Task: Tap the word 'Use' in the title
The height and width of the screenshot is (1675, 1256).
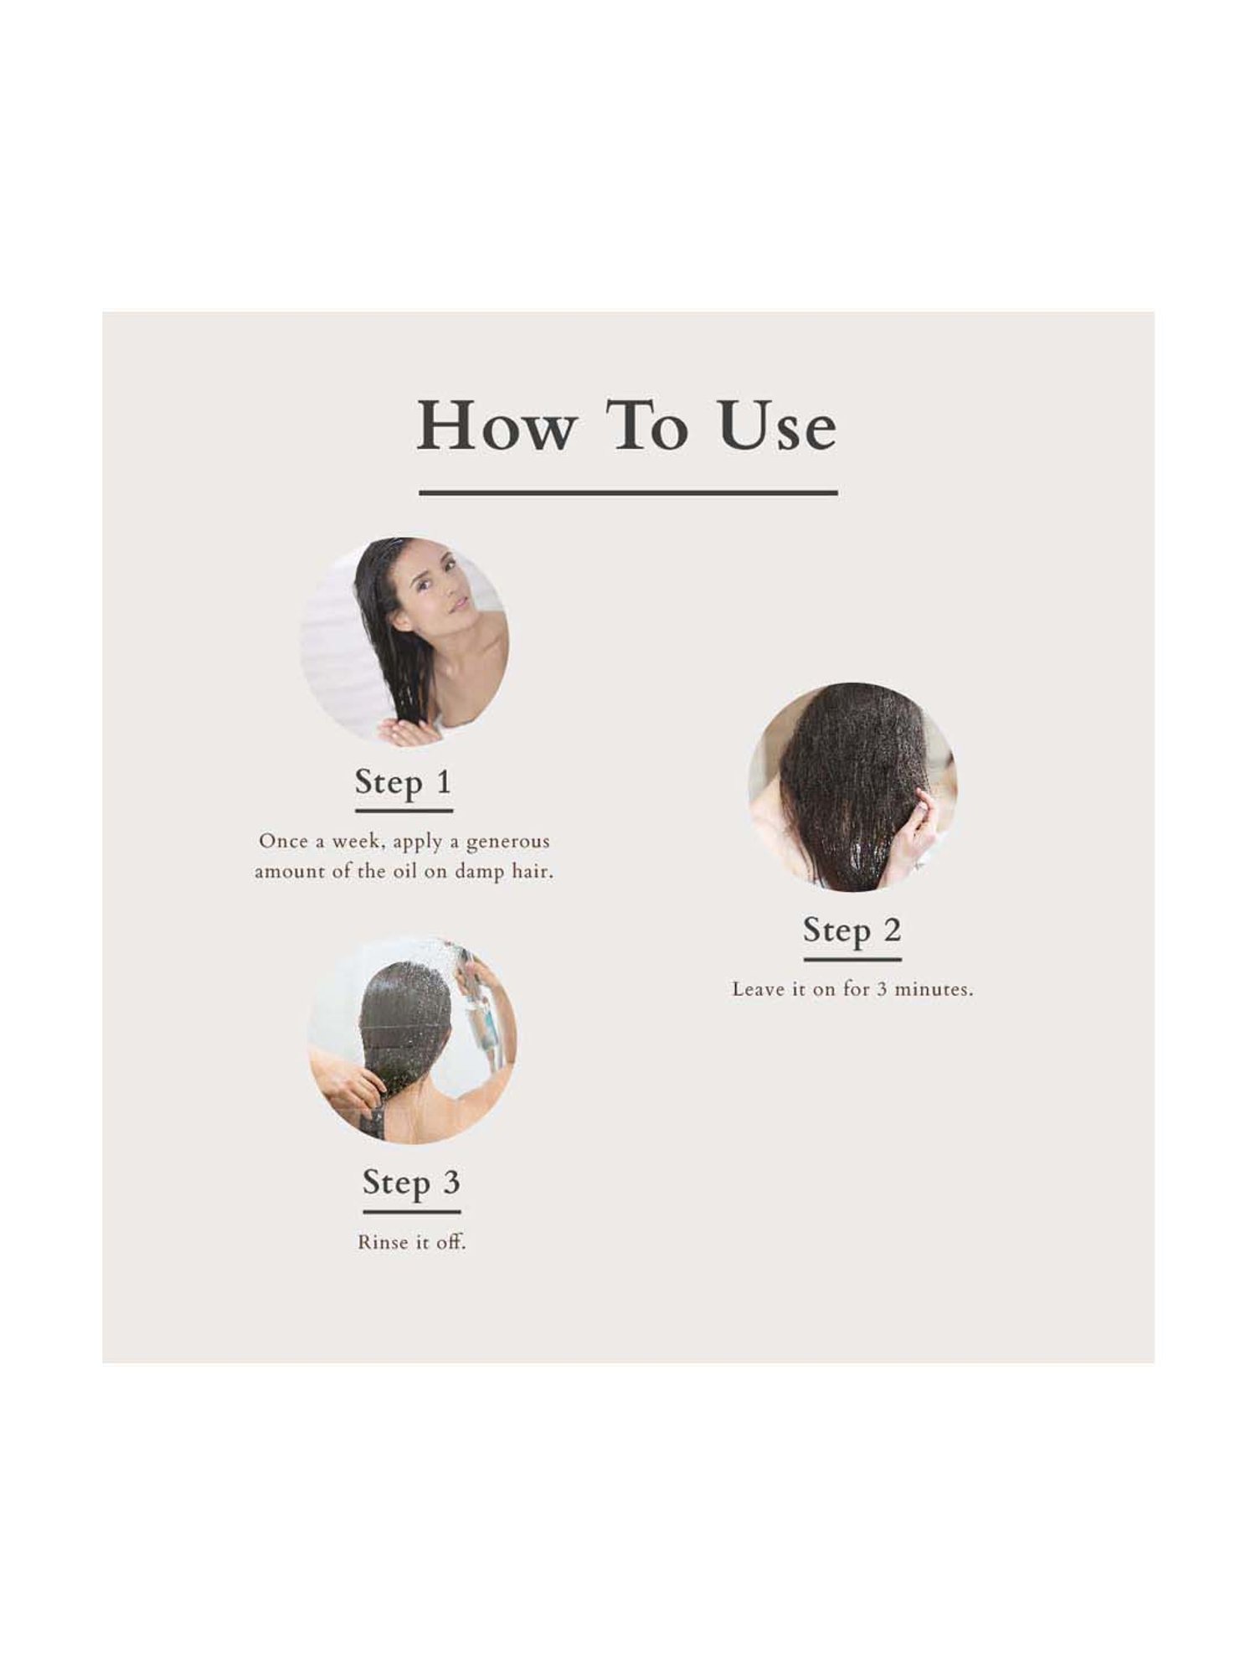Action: coord(777,426)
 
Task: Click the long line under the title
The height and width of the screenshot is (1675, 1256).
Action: coord(628,493)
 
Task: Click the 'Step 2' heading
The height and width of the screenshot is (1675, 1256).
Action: coord(852,930)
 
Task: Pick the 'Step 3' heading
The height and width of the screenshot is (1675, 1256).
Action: coord(411,1182)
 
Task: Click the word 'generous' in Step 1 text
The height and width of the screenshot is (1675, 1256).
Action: coord(507,841)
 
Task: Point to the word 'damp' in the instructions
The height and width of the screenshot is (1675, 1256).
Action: coord(480,871)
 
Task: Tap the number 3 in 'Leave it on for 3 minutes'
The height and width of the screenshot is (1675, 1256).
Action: coord(882,989)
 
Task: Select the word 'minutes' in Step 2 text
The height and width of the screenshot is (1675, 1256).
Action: coord(934,989)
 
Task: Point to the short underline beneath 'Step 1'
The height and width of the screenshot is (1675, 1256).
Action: coord(404,810)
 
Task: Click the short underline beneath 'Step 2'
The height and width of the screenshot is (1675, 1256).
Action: coord(852,959)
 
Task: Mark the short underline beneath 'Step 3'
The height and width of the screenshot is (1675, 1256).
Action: coord(411,1211)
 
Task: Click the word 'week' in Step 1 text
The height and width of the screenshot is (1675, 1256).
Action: coord(355,841)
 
